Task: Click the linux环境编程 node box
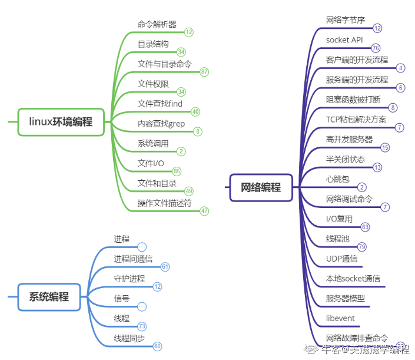tap(61, 122)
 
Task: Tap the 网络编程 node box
tap(261, 187)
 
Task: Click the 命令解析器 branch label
tap(157, 24)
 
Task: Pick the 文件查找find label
tap(160, 104)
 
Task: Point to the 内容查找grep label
tap(161, 124)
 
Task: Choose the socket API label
tap(344, 40)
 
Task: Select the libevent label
tap(340, 318)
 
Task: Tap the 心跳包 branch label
tap(337, 179)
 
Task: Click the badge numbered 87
tap(204, 72)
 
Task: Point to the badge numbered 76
tap(376, 48)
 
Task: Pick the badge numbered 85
tap(177, 171)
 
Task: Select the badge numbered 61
tap(165, 267)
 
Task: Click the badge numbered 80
tap(157, 346)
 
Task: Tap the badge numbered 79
tap(361, 247)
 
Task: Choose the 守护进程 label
tap(129, 279)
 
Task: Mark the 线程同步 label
tap(129, 338)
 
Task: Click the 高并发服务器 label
tap(349, 140)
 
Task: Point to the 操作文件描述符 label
tap(165, 203)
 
